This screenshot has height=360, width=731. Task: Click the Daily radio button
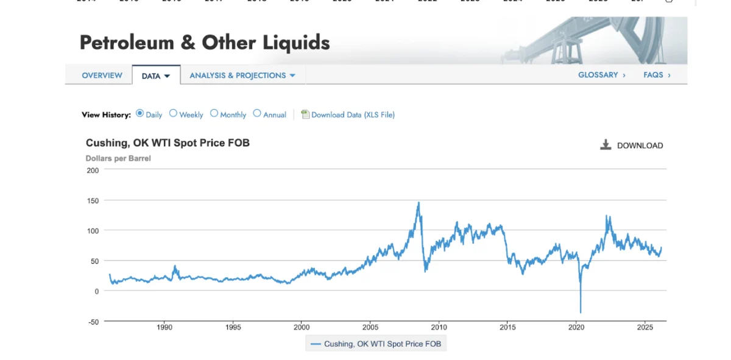point(140,113)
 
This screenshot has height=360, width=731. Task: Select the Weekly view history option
point(173,113)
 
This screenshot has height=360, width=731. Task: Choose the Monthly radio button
point(214,113)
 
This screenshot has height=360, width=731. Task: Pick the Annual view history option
point(257,113)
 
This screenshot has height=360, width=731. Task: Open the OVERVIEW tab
point(102,76)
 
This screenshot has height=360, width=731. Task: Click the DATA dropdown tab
point(156,76)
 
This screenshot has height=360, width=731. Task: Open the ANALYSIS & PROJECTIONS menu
point(242,76)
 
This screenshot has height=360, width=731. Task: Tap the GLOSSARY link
point(601,75)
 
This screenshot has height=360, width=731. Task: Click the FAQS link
point(657,75)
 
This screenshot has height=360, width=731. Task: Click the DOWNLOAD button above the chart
point(632,146)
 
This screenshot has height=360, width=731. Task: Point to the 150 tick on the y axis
point(92,200)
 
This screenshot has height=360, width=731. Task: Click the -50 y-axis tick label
point(91,322)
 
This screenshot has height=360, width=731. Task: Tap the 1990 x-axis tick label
point(164,327)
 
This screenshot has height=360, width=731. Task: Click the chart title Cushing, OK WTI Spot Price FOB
point(168,143)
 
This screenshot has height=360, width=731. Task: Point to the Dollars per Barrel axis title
point(118,158)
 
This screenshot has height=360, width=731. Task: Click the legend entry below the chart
point(376,344)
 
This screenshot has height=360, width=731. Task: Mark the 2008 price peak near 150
point(418,203)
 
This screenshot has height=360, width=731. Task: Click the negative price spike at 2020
point(581,311)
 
